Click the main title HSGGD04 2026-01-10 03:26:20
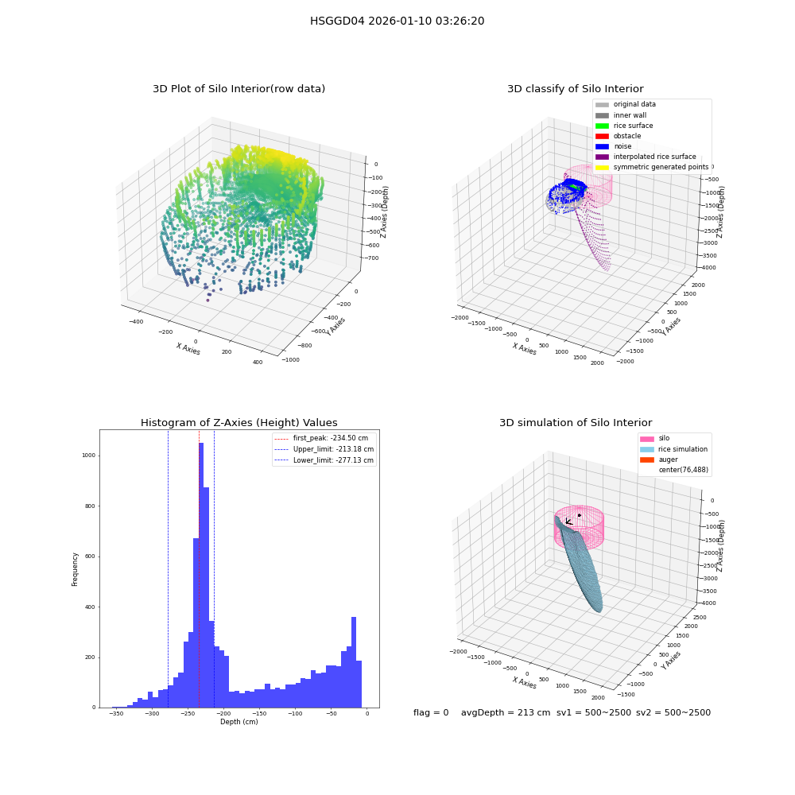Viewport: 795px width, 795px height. pos(397,21)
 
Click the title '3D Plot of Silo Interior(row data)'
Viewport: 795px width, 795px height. pos(238,89)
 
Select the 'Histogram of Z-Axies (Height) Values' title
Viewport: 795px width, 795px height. pos(238,423)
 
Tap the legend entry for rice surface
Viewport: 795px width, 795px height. pos(624,126)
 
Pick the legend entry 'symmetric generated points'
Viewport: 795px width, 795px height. pos(652,167)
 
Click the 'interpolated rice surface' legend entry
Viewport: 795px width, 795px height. pos(646,157)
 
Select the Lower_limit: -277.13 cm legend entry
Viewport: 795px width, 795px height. pos(324,460)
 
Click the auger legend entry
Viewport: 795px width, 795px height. pos(658,460)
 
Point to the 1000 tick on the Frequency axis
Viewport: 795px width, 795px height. pos(89,456)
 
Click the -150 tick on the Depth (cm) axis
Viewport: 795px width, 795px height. pos(260,713)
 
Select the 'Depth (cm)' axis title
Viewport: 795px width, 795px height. pos(238,722)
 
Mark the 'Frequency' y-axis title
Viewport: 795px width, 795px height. pos(75,569)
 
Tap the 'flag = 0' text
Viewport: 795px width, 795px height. pos(431,712)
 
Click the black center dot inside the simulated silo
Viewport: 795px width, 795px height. pos(579,515)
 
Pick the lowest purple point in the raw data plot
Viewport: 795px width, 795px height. pos(207,301)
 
